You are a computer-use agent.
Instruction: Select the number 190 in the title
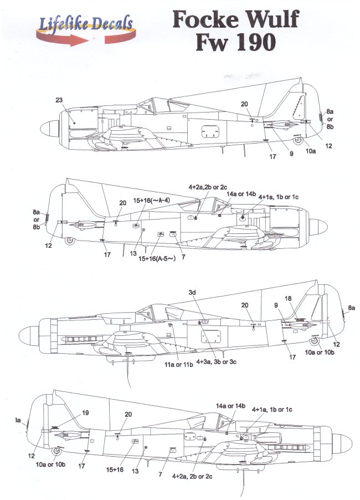[x=254, y=43]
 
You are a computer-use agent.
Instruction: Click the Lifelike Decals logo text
[x=85, y=23]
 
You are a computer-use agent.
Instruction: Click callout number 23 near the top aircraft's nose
[x=59, y=100]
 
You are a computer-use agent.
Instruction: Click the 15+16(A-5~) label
[x=157, y=258]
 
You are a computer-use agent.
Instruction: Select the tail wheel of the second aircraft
[x=69, y=241]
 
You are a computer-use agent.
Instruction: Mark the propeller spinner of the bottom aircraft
[x=342, y=441]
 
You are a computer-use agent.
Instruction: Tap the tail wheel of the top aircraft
[x=298, y=140]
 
